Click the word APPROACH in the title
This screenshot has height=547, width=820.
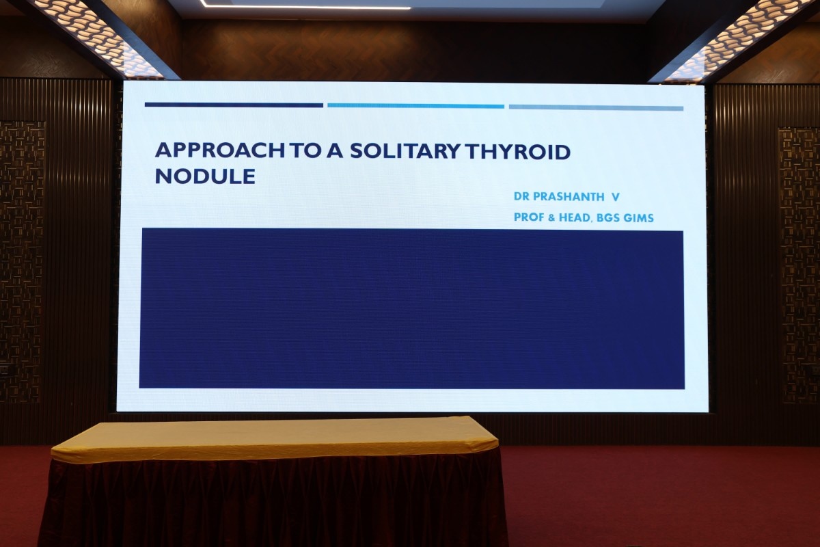tap(219, 150)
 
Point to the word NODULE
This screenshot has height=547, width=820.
tap(205, 176)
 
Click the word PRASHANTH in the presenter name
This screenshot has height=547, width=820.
tap(569, 197)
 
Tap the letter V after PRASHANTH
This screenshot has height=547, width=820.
tap(616, 197)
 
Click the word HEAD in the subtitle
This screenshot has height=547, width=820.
tap(575, 217)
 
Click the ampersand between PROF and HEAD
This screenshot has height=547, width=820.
tap(551, 217)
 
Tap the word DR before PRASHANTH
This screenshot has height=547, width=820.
tap(521, 196)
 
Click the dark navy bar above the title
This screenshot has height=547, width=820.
tap(234, 105)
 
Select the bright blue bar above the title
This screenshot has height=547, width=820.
tap(416, 106)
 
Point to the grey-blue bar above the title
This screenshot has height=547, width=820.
tap(596, 108)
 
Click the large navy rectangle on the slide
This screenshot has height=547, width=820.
tap(412, 308)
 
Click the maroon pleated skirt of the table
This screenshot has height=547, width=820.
tap(273, 504)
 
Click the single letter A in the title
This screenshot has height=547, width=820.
tap(335, 150)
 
